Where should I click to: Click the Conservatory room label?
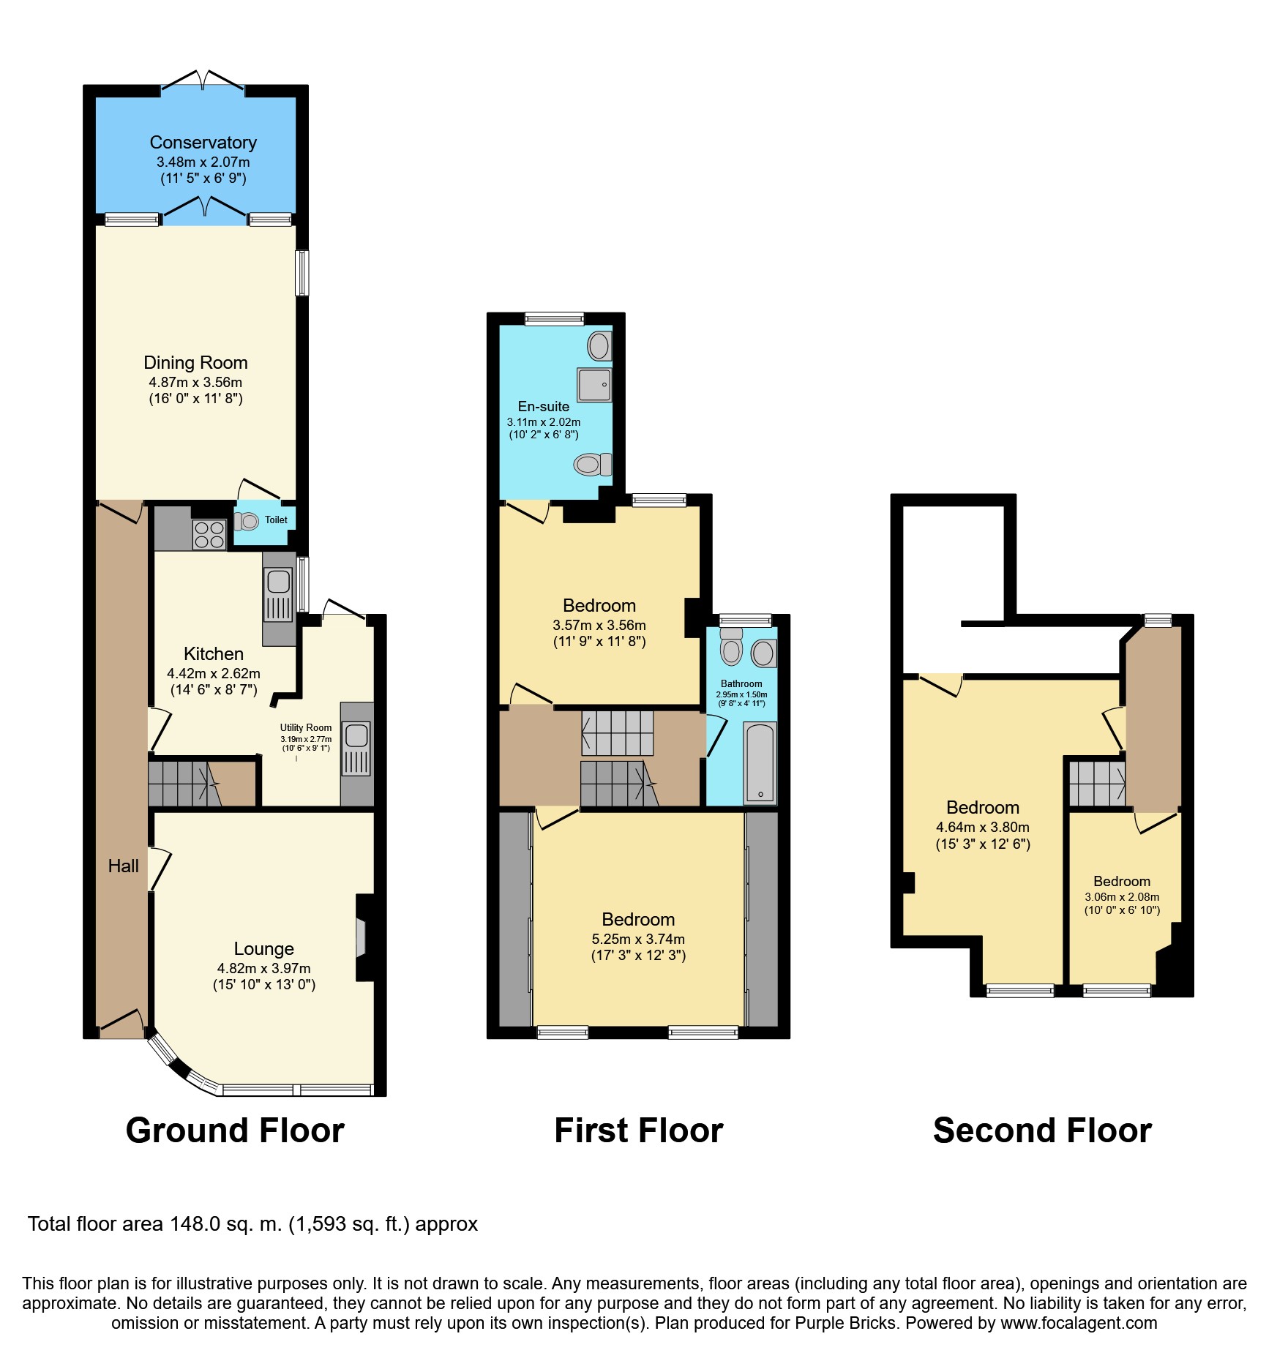tap(203, 143)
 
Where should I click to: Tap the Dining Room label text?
tap(195, 363)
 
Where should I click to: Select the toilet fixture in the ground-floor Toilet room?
tap(247, 521)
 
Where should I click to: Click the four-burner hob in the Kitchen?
tap(209, 534)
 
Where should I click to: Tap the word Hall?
tap(123, 866)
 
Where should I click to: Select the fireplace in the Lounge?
tap(361, 937)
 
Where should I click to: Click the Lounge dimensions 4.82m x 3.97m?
tap(263, 968)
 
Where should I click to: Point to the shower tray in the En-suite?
tap(594, 385)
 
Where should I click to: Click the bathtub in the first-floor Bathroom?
tap(760, 763)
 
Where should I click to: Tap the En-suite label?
tap(543, 407)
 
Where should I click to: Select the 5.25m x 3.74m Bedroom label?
tap(638, 920)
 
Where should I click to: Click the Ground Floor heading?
tap(235, 1131)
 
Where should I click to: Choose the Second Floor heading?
tap(1042, 1131)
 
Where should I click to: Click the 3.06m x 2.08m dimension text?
tap(1122, 897)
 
